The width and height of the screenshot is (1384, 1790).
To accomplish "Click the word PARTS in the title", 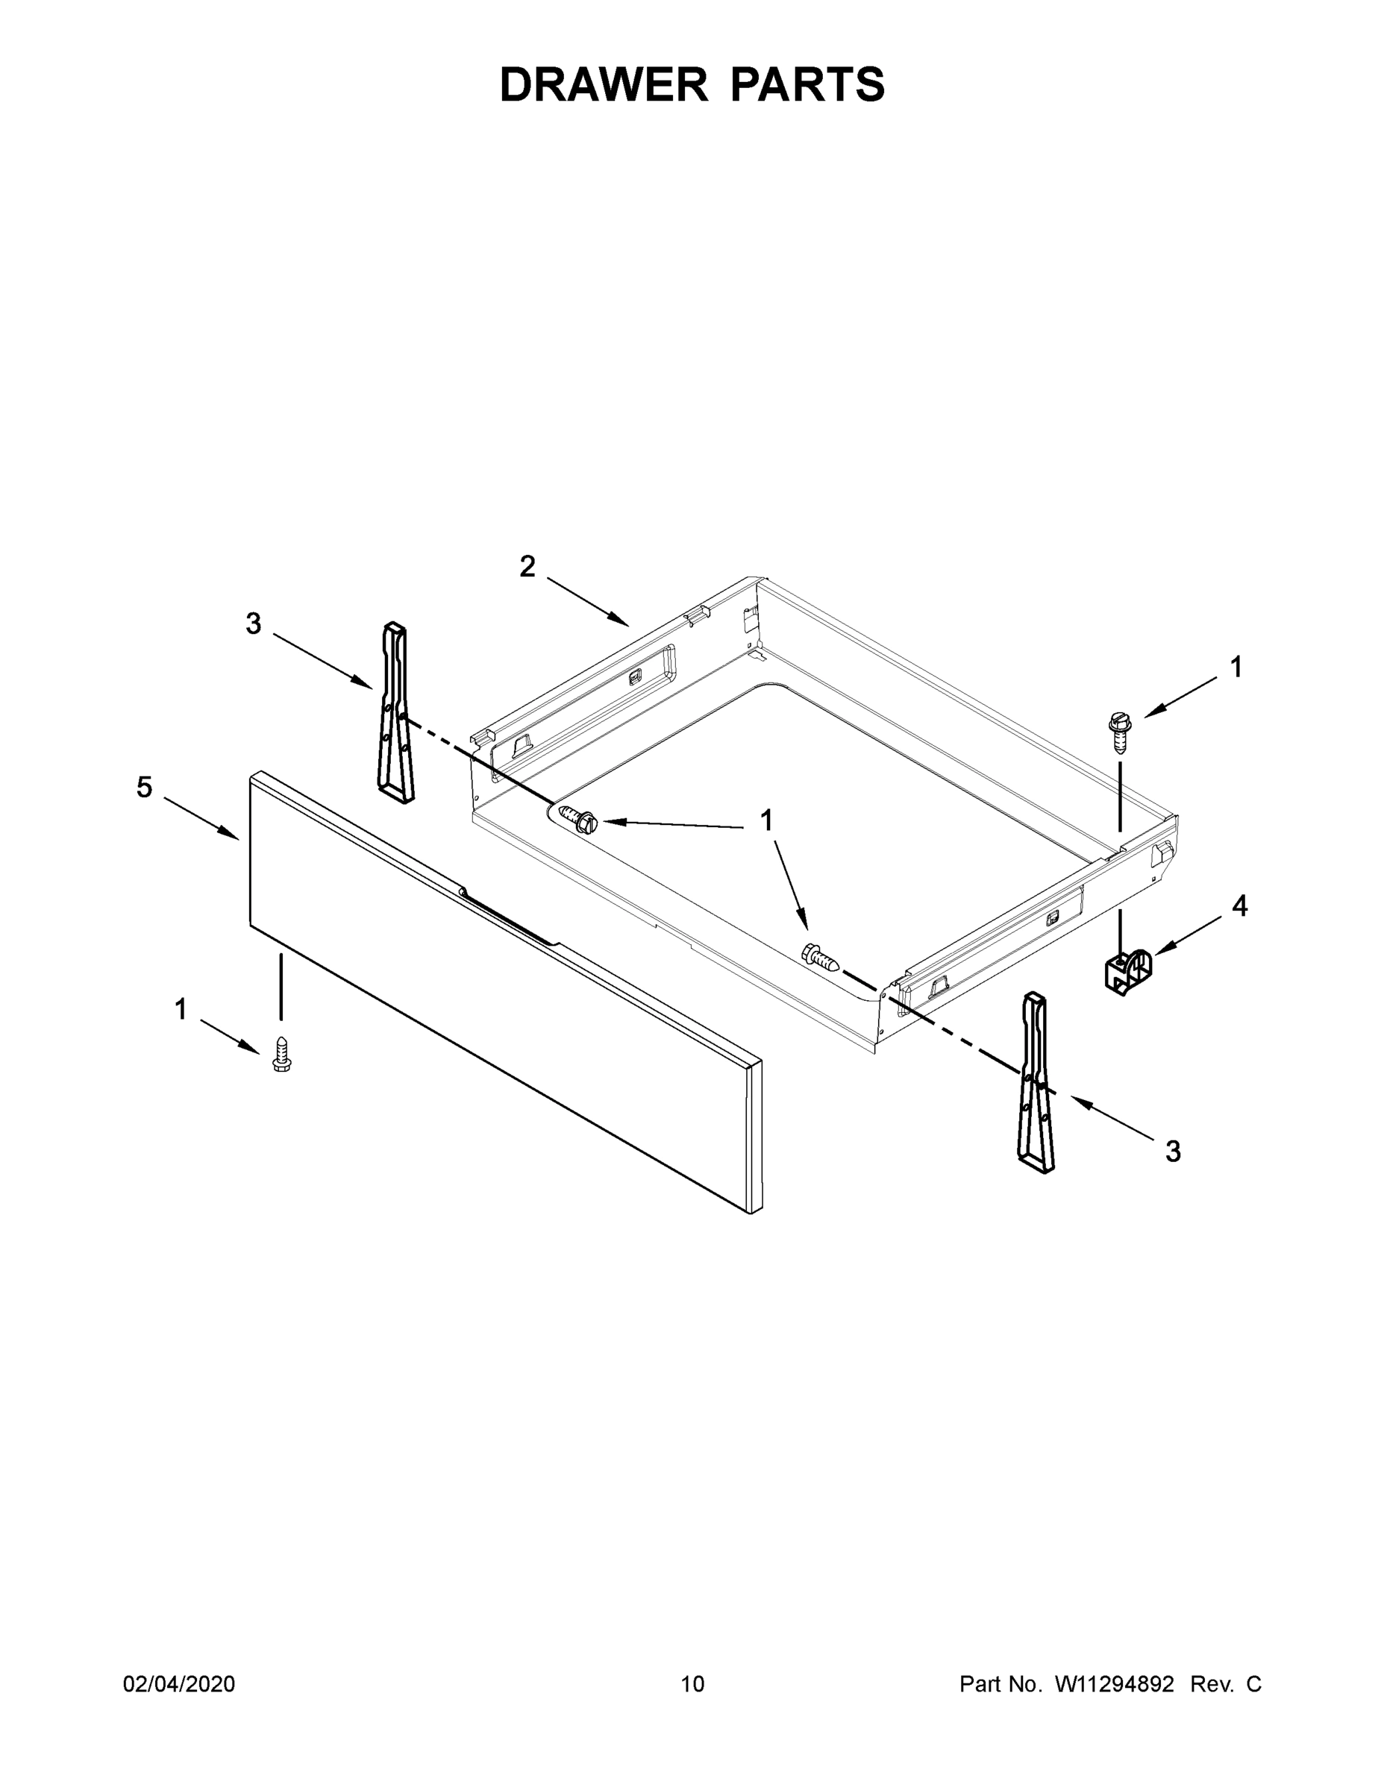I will click(807, 85).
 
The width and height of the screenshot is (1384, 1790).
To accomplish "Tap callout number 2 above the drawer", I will click(527, 566).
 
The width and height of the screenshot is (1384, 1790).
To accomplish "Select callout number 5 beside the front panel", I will click(144, 788).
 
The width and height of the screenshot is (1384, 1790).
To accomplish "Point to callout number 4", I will click(1239, 906).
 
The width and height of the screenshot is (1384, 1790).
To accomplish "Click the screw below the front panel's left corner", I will click(281, 1054).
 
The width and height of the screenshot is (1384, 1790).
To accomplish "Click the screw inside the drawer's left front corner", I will click(577, 819).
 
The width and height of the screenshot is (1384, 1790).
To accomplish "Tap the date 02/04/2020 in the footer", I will click(179, 1683).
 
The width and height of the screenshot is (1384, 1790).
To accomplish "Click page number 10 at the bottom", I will click(692, 1683).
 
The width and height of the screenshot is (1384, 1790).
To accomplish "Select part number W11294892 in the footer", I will click(1113, 1683).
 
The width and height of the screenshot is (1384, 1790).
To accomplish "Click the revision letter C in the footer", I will click(1253, 1683).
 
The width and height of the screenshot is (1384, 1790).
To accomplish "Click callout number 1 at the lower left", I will click(181, 1010).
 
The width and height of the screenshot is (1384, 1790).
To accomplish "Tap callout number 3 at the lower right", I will click(1174, 1152).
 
